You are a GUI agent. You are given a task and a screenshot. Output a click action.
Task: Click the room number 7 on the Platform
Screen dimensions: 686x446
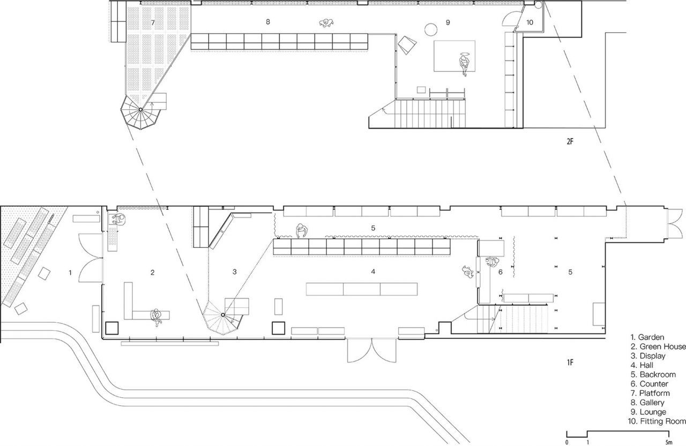tap(153, 22)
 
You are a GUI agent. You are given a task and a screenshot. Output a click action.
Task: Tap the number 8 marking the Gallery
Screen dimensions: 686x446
tap(268, 22)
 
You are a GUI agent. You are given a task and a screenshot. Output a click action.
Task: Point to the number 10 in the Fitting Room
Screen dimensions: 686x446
tap(530, 22)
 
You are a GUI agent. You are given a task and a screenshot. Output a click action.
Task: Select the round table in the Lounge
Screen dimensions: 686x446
tap(431, 29)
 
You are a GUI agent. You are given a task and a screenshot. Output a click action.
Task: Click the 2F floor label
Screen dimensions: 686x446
tap(570, 141)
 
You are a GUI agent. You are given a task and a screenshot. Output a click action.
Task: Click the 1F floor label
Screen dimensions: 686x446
tap(570, 362)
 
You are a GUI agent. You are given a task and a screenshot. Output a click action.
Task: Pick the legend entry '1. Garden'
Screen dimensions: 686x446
tap(647, 337)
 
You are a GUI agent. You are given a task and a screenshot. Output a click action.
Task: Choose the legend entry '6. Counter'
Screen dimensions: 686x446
tap(649, 383)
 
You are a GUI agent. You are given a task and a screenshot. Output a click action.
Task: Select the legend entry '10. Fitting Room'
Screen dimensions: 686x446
tap(657, 421)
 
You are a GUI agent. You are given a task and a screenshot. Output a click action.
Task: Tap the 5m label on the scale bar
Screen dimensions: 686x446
tap(669, 442)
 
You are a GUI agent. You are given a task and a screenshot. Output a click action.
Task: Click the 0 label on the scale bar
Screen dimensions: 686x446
tap(566, 442)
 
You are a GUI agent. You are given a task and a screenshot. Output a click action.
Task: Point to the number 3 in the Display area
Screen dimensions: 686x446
tap(235, 271)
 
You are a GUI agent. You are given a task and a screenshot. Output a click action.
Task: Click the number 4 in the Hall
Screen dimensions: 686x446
tap(373, 271)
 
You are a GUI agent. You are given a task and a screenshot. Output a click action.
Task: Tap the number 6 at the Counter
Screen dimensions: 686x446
tap(501, 272)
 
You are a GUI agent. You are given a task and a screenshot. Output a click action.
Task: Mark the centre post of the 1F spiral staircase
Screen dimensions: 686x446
tap(223, 315)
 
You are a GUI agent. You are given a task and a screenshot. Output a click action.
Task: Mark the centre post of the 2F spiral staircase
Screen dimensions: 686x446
tap(140, 109)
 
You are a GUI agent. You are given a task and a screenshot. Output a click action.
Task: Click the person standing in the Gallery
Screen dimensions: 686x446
tap(326, 22)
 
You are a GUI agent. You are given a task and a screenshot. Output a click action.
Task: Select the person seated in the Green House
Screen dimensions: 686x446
tap(156, 317)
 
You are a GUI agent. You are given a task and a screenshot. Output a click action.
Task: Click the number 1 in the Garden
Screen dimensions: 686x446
tap(70, 273)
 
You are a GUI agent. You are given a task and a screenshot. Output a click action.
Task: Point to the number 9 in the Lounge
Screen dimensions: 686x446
tap(448, 22)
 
